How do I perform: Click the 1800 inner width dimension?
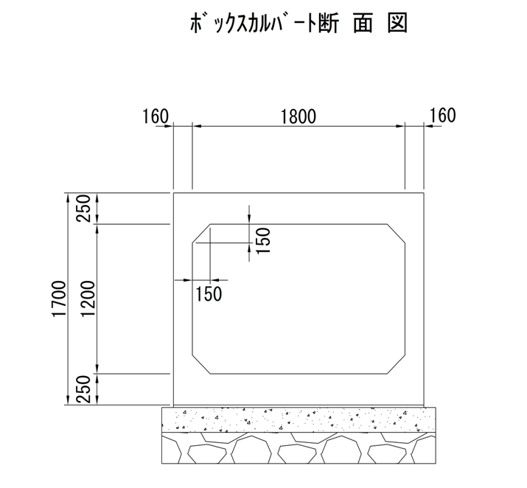pyautogui.click(x=298, y=116)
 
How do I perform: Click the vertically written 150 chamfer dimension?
pyautogui.click(x=264, y=240)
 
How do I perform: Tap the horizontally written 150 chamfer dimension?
pyautogui.click(x=209, y=293)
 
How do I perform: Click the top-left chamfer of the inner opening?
pyautogui.click(x=201, y=233)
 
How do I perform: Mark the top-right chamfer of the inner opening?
pyautogui.click(x=397, y=233)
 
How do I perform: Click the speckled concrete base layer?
pyautogui.click(x=298, y=419)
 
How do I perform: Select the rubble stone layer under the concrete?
pyautogui.click(x=298, y=447)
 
